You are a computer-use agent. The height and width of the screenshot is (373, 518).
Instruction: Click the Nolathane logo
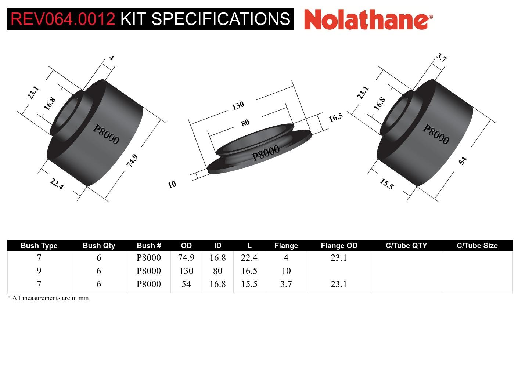click(x=368, y=19)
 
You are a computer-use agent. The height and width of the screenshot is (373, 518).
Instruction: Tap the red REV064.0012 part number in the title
click(x=63, y=19)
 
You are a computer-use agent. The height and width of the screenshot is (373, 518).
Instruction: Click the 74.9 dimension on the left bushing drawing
click(x=132, y=160)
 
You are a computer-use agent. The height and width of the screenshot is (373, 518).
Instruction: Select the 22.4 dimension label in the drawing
click(x=57, y=184)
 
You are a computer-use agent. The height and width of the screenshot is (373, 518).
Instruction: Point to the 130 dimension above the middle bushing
click(x=238, y=106)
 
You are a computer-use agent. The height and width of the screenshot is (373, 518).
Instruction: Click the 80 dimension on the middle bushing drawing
click(x=245, y=123)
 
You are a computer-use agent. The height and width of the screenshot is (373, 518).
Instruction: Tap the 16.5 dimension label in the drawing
click(x=335, y=117)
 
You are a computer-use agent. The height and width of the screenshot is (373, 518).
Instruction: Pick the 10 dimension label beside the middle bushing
click(x=172, y=184)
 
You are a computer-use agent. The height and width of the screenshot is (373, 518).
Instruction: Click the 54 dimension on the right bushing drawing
click(x=463, y=160)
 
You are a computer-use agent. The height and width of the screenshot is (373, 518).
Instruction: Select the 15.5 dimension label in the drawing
click(x=386, y=184)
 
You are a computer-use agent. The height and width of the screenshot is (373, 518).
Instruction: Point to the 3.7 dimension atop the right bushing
click(x=441, y=58)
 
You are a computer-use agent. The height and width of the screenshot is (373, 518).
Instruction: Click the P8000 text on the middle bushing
click(x=266, y=153)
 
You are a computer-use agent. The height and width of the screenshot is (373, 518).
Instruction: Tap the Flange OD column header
click(x=339, y=246)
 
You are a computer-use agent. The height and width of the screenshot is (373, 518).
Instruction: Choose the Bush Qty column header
click(x=99, y=246)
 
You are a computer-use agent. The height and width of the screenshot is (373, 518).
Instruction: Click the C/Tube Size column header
click(x=477, y=246)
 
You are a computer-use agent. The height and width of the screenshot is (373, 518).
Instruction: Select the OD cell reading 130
click(x=186, y=271)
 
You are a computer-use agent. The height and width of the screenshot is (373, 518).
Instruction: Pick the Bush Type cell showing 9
click(x=39, y=271)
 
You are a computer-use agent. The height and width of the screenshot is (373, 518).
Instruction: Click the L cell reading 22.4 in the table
click(x=249, y=258)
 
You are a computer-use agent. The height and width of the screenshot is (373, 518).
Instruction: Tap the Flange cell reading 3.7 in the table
click(x=286, y=284)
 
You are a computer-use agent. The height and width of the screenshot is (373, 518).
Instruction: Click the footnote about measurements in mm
click(x=48, y=298)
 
